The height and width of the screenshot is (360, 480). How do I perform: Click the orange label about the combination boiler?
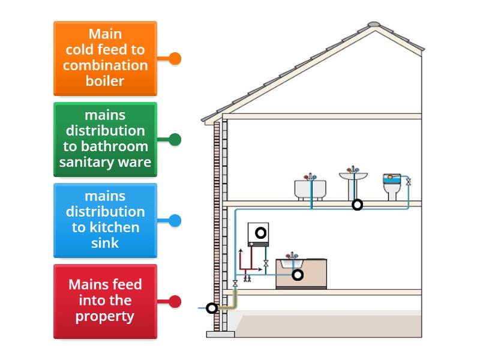[105, 58]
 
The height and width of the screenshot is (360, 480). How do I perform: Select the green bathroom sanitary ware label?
[105, 139]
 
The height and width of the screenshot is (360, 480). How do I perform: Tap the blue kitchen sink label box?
[105, 220]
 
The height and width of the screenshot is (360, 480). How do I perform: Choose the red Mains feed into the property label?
[105, 301]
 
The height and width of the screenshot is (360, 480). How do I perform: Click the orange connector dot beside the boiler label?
[175, 58]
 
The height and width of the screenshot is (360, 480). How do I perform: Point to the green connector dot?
[175, 139]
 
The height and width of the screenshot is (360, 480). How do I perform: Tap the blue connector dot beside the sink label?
[175, 220]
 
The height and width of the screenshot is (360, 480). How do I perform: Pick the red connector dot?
[175, 301]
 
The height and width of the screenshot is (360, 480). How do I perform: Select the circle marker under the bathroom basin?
[357, 205]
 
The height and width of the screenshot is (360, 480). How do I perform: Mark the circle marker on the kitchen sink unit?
[297, 275]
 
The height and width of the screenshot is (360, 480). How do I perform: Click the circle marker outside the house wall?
[211, 308]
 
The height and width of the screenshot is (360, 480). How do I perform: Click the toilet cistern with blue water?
[392, 179]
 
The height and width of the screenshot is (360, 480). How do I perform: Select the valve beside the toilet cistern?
[409, 181]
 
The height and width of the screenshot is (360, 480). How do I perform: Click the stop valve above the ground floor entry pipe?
[235, 282]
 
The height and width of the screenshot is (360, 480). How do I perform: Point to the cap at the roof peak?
[374, 25]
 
